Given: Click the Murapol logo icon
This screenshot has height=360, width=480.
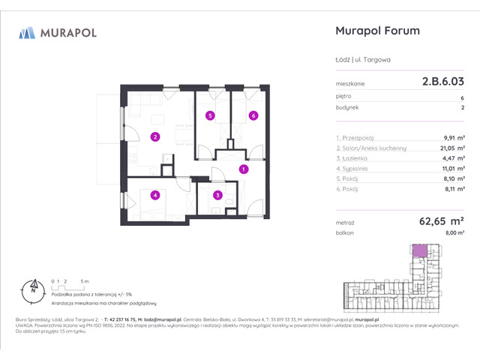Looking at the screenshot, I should [x=28, y=32].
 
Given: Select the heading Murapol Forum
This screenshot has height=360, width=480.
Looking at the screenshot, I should [x=375, y=31].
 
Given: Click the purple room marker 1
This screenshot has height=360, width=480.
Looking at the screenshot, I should [x=243, y=170].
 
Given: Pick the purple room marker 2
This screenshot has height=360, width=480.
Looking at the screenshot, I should [x=154, y=136].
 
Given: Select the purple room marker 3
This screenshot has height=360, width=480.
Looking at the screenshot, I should [x=217, y=196].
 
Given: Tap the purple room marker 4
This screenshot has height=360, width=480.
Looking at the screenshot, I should [x=154, y=196].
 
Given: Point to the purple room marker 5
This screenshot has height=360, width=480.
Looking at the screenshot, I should [x=211, y=115].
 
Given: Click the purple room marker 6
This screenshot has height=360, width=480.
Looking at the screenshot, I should [x=253, y=115].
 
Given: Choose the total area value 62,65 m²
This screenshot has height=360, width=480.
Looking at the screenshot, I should [x=440, y=222].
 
